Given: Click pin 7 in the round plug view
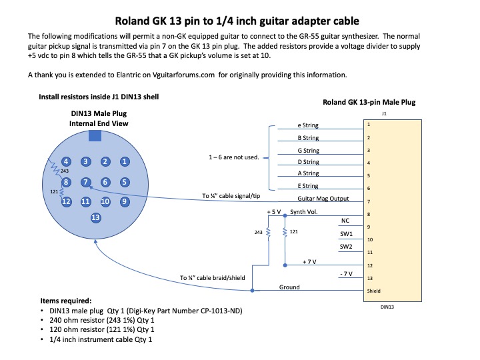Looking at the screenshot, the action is coord(86,183).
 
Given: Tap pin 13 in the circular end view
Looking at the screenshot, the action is coord(95,217).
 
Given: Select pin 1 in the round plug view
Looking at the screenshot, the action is coord(124,161).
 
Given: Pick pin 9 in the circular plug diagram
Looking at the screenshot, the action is coord(124,201).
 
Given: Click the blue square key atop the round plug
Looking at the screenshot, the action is coord(95,136).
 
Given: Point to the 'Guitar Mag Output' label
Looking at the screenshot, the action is coord(323,199).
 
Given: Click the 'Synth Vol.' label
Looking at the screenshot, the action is coord(304,212).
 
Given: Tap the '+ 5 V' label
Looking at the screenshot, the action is coord(274,212).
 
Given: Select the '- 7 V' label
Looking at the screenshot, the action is coord(346,274).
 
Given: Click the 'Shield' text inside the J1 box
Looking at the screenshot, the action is coord(374,291).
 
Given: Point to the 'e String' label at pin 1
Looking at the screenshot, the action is coord(308,125).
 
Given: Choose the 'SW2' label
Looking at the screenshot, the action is coord(346,247).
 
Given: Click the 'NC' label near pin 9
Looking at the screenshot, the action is coord(345,221).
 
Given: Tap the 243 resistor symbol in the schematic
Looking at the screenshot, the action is coord(269,233).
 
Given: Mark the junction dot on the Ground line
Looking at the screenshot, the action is coord(252,290).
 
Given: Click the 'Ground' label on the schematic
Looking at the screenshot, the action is coord(289,287).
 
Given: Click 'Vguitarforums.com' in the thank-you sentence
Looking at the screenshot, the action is coord(183,75).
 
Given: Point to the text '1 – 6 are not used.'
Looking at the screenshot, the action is coord(234,157).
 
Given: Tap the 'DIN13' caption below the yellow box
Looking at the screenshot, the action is coord(387,307).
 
